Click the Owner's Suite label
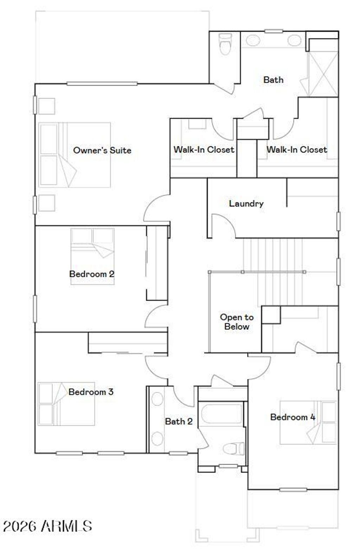click(x=102, y=150)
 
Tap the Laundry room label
click(x=246, y=203)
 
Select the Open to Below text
click(x=237, y=322)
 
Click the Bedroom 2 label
click(x=92, y=274)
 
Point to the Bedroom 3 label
click(x=91, y=392)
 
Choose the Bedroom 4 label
click(x=292, y=417)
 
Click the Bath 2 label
click(x=179, y=421)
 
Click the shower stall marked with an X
click(x=323, y=74)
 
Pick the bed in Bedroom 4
click(x=308, y=422)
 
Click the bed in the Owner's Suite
click(x=75, y=155)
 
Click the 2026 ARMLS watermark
click(x=47, y=526)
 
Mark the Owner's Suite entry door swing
click(x=156, y=209)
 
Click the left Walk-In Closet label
click(x=204, y=150)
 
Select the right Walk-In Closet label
click(x=297, y=150)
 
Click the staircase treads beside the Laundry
click(x=272, y=255)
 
